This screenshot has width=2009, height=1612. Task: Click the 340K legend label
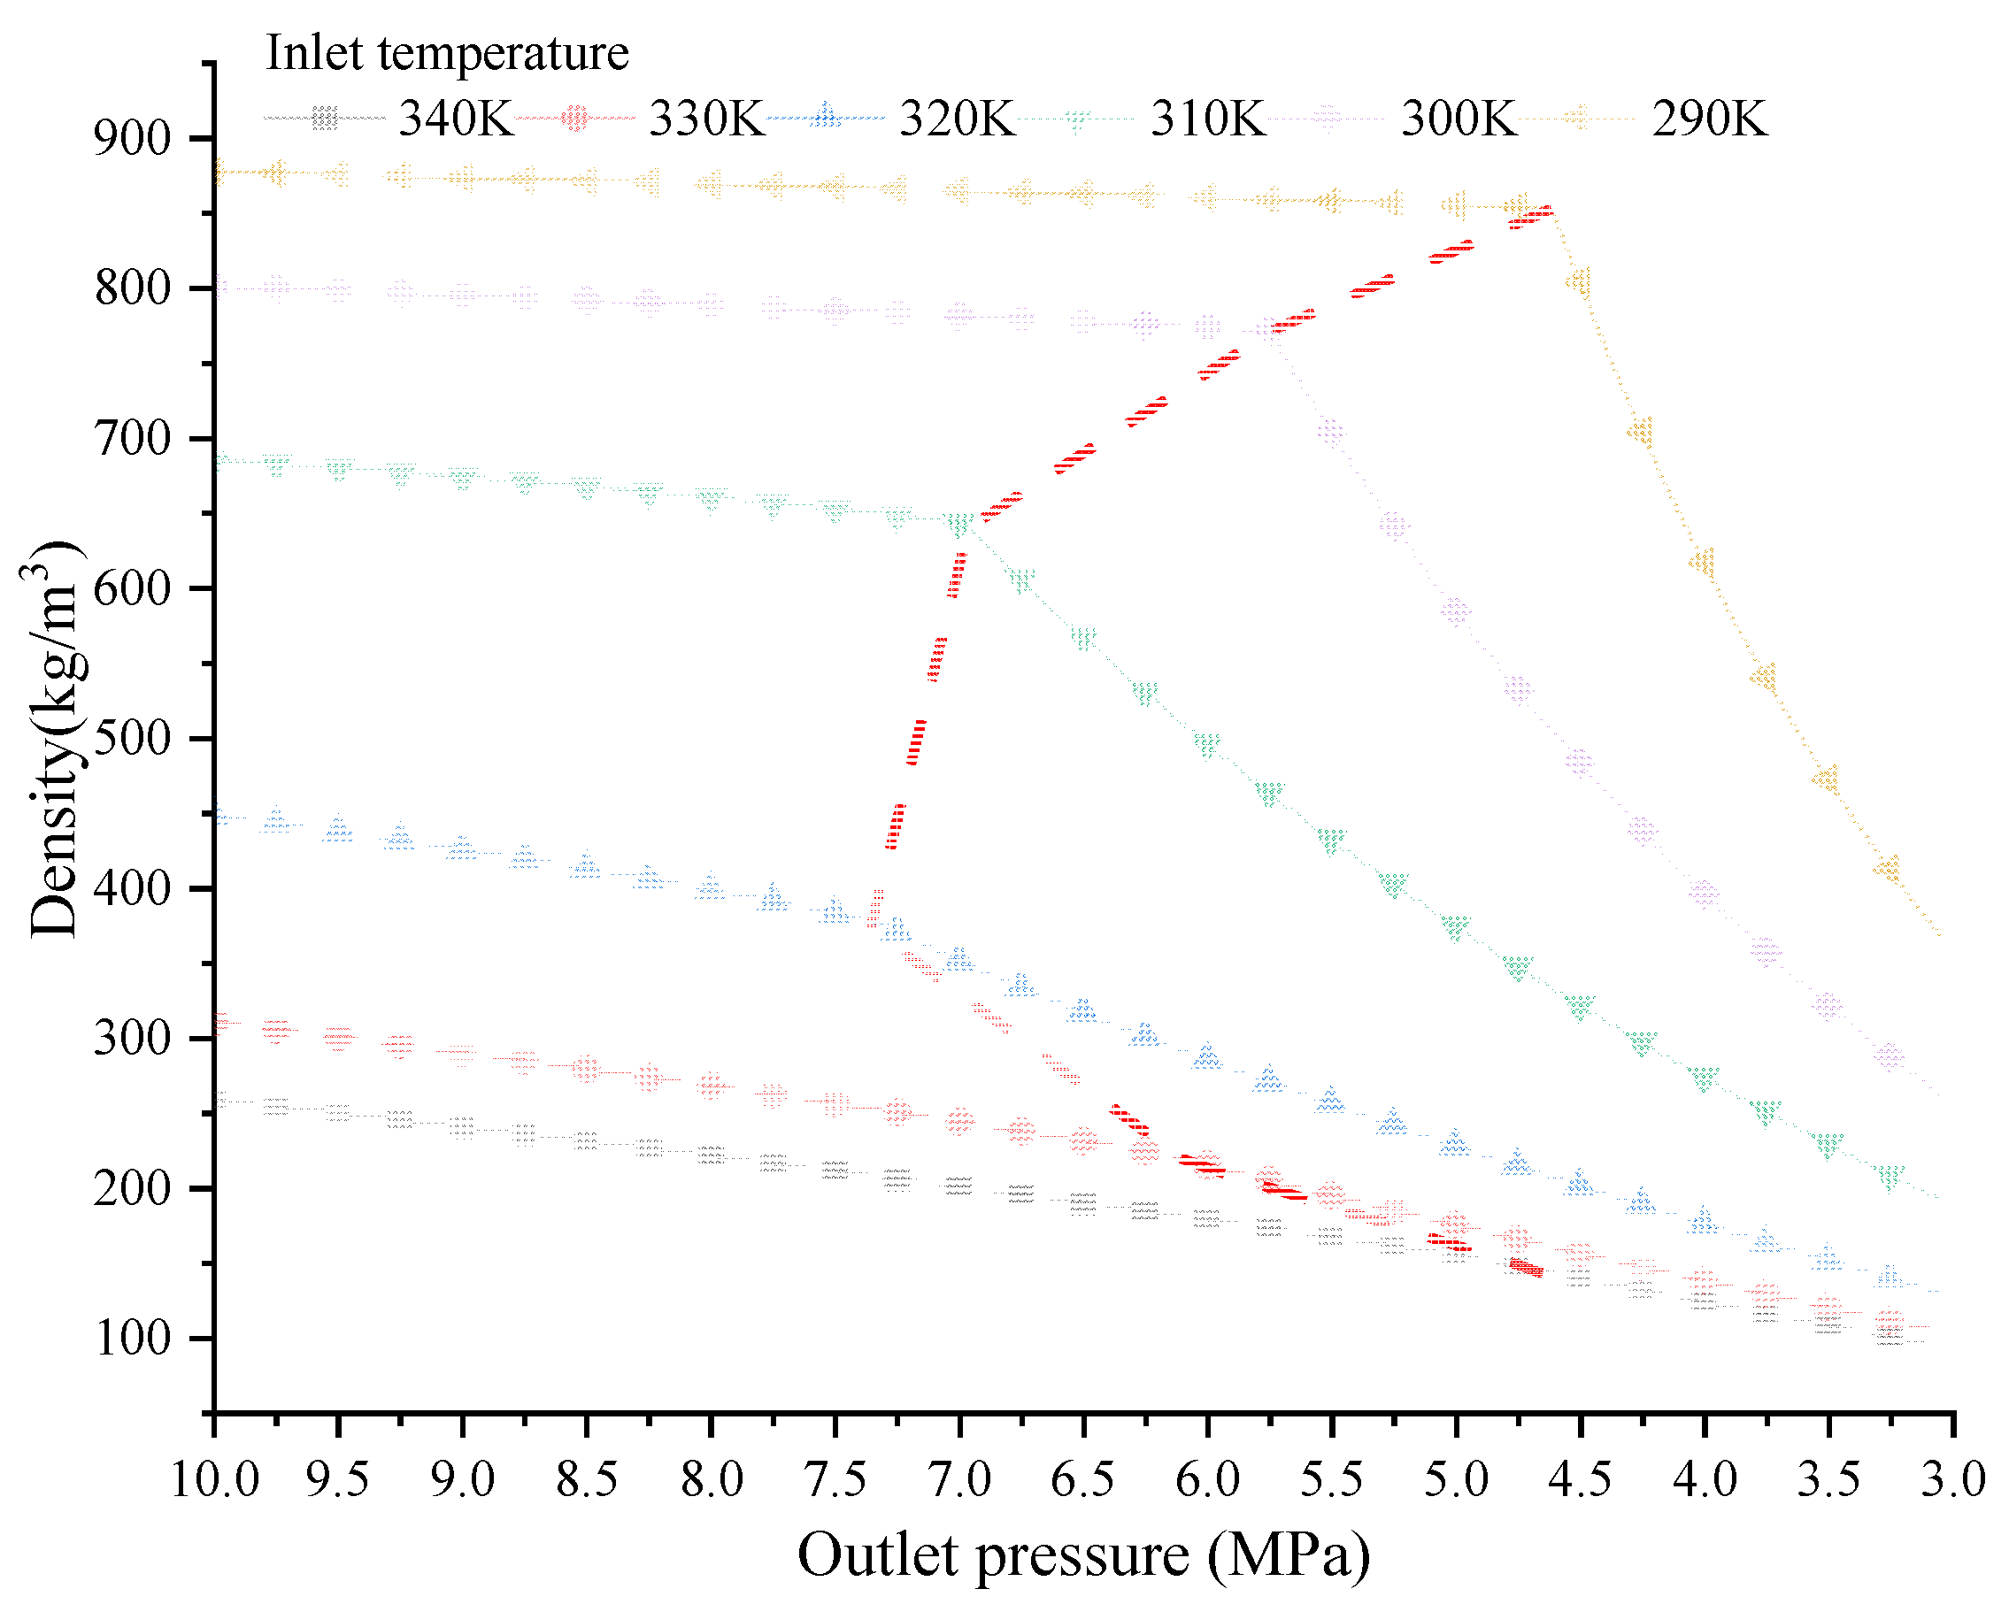pos(456,119)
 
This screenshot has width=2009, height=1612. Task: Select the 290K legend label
pos(1709,119)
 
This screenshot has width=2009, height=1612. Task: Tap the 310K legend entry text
pos(1209,119)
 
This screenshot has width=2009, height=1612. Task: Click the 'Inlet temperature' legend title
pos(447,52)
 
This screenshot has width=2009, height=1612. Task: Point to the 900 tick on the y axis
pos(133,139)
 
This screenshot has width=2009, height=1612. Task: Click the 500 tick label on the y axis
pos(133,739)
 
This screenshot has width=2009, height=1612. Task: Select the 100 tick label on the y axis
pos(133,1339)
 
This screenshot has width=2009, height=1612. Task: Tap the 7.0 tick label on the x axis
pos(959,1479)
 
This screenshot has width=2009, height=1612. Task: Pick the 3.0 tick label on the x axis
pos(1953,1479)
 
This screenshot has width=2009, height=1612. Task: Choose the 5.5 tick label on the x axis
pos(1332,1479)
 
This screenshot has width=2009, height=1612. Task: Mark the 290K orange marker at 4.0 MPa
pos(1704,563)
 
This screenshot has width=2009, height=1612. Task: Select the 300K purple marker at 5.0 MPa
pos(1456,610)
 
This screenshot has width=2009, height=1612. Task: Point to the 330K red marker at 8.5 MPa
pos(586,1069)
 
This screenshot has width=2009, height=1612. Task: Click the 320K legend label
pos(957,119)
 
